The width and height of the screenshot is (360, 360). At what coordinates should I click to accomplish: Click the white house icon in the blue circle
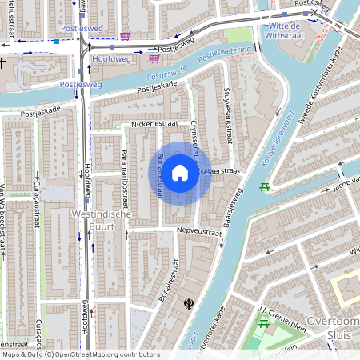pyautogui.click(x=180, y=173)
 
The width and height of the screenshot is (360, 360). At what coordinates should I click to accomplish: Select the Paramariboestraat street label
pyautogui.click(x=124, y=174)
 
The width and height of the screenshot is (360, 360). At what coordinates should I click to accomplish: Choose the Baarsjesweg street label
pyautogui.click(x=233, y=207)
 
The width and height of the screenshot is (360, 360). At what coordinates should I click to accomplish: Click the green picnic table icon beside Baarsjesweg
pyautogui.click(x=266, y=187)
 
